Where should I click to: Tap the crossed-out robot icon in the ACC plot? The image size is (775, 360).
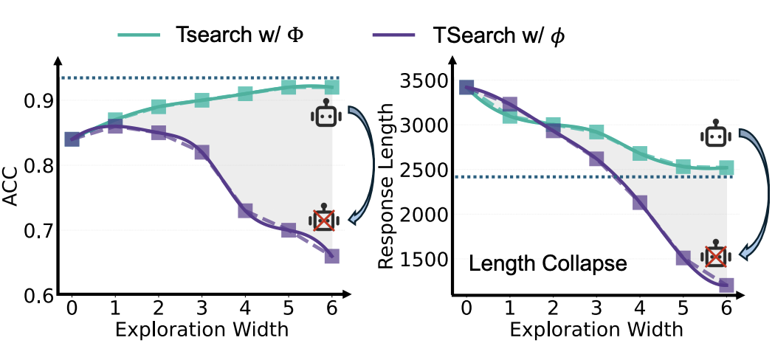click(324, 218)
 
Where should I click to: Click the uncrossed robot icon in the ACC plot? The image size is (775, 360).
click(323, 117)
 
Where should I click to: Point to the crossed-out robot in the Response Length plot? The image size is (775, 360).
click(715, 254)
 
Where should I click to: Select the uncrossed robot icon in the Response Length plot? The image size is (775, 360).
click(714, 135)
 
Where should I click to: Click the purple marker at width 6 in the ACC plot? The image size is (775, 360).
click(332, 256)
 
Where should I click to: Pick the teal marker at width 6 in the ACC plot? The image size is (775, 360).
click(332, 87)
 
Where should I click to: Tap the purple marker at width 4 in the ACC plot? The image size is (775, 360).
click(246, 210)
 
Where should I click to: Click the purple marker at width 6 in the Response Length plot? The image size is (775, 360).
click(727, 285)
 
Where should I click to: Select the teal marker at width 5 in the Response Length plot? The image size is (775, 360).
click(683, 167)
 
